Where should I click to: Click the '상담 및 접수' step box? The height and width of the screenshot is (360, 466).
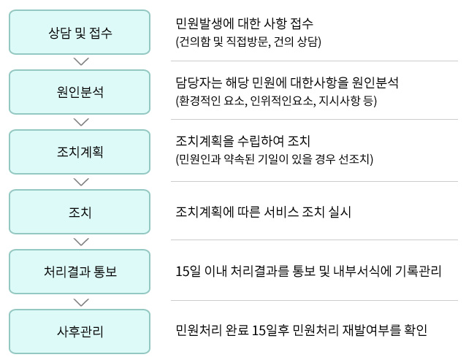(x=80, y=32)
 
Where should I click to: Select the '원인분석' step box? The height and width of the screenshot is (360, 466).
(x=80, y=92)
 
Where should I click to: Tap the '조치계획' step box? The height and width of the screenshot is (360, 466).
(x=80, y=152)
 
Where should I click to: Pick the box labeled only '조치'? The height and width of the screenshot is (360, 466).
(x=80, y=212)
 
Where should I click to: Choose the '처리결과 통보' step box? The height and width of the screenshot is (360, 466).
(x=80, y=272)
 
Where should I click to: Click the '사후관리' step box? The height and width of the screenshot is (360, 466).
(x=80, y=332)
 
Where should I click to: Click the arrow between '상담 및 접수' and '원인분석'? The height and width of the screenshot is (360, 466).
(x=81, y=61)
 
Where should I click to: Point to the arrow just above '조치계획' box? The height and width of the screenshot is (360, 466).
(x=81, y=122)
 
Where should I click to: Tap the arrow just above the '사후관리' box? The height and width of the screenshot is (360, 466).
(x=81, y=302)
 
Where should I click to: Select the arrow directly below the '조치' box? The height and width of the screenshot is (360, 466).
(x=81, y=242)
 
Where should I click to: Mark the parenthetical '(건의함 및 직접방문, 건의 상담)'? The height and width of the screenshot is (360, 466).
(x=248, y=42)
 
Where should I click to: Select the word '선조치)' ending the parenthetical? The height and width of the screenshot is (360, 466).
(x=356, y=159)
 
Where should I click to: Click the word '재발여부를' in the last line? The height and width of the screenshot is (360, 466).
(x=371, y=330)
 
